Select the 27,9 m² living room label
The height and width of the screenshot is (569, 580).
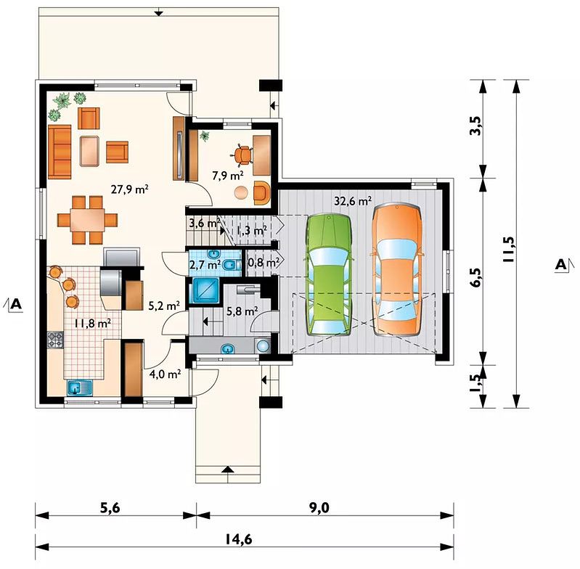[130, 190]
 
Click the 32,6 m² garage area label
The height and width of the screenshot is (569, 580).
[353, 201]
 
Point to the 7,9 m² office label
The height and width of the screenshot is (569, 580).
[228, 175]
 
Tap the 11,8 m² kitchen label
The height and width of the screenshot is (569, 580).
[92, 323]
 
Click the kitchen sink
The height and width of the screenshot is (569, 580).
[80, 388]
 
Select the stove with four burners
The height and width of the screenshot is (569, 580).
[55, 340]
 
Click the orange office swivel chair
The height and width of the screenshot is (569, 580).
[243, 155]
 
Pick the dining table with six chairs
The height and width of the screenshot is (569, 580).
[87, 220]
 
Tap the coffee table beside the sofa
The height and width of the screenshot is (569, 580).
[89, 151]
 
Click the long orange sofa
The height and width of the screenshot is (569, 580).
[60, 152]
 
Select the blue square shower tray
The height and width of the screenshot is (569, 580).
[205, 290]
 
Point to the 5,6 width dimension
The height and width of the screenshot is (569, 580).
[110, 508]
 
